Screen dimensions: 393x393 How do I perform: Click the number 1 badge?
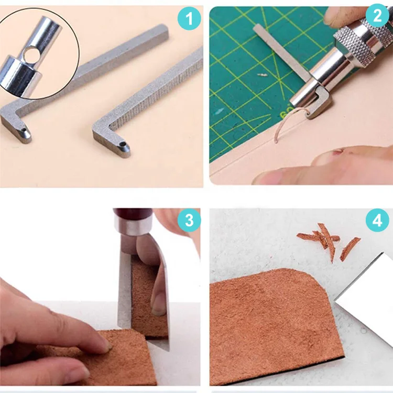(189, 19)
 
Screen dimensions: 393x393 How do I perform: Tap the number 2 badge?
(377, 16)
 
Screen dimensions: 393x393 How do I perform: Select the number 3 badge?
(189, 220)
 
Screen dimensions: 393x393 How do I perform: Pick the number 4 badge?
(377, 220)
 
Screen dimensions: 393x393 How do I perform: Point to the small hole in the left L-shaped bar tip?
(24, 130)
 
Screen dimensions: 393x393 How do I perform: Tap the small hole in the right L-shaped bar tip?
(122, 144)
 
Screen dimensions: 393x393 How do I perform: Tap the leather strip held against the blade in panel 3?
(148, 298)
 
